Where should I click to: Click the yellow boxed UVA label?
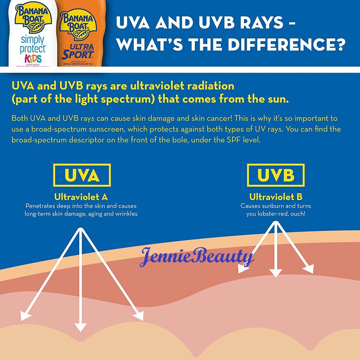click(82, 175)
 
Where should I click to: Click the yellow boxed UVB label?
click(276, 175)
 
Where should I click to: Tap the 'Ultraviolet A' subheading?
click(81, 197)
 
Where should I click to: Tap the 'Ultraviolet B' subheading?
click(276, 197)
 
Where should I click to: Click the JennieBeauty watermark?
click(196, 256)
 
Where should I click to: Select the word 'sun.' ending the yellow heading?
click(279, 98)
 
